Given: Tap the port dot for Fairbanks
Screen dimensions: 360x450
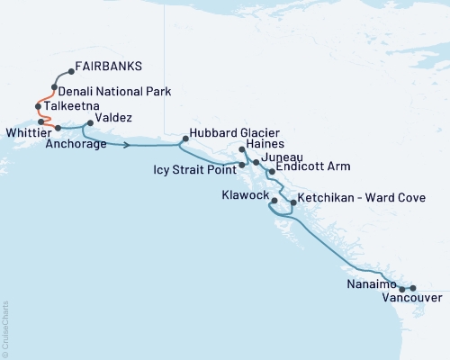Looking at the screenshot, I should coord(69,72).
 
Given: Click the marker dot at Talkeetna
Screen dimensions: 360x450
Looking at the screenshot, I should coord(38,106).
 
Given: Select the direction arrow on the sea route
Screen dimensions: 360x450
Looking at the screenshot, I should coord(129,144).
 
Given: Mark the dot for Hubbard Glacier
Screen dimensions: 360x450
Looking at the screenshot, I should coord(184,139).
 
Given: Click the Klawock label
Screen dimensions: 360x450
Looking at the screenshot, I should coord(243,193).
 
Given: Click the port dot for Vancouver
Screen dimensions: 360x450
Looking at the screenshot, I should coord(413,288).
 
